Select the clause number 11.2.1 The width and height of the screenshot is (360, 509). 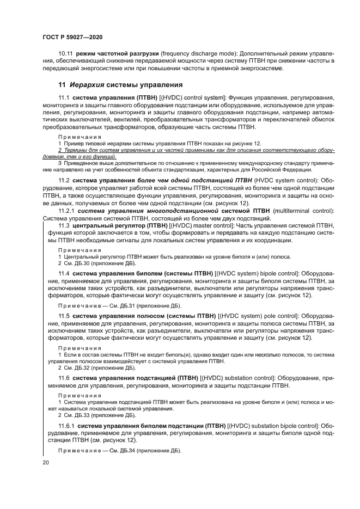(67, 211)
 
